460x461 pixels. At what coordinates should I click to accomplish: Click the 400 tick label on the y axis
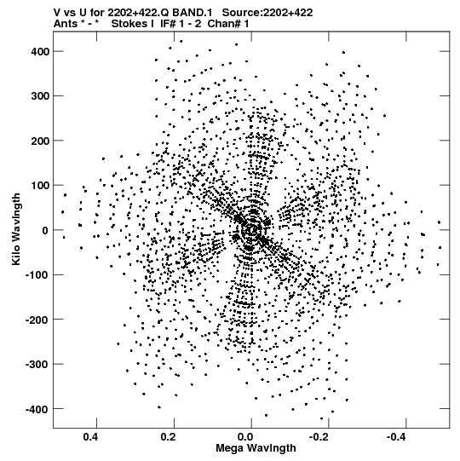pyautogui.click(x=40, y=52)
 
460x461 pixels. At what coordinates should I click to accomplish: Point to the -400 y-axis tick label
pyautogui.click(x=37, y=409)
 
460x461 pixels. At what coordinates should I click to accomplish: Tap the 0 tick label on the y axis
pyautogui.click(x=45, y=230)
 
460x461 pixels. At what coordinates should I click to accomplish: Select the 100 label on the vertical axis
pyautogui.click(x=40, y=186)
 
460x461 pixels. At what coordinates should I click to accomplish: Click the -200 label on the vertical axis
pyautogui.click(x=37, y=320)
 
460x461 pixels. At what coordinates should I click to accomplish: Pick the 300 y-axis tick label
pyautogui.click(x=40, y=96)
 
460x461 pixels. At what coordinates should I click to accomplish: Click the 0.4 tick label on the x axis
pyautogui.click(x=90, y=437)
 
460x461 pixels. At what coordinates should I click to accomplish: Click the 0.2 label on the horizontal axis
pyautogui.click(x=168, y=437)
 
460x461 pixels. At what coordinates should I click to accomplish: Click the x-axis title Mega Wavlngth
pyautogui.click(x=256, y=448)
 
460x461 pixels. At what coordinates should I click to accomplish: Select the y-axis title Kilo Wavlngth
pyautogui.click(x=16, y=229)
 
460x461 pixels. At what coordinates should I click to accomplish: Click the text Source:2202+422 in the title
pyautogui.click(x=267, y=13)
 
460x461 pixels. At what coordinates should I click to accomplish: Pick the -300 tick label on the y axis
pyautogui.click(x=37, y=365)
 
